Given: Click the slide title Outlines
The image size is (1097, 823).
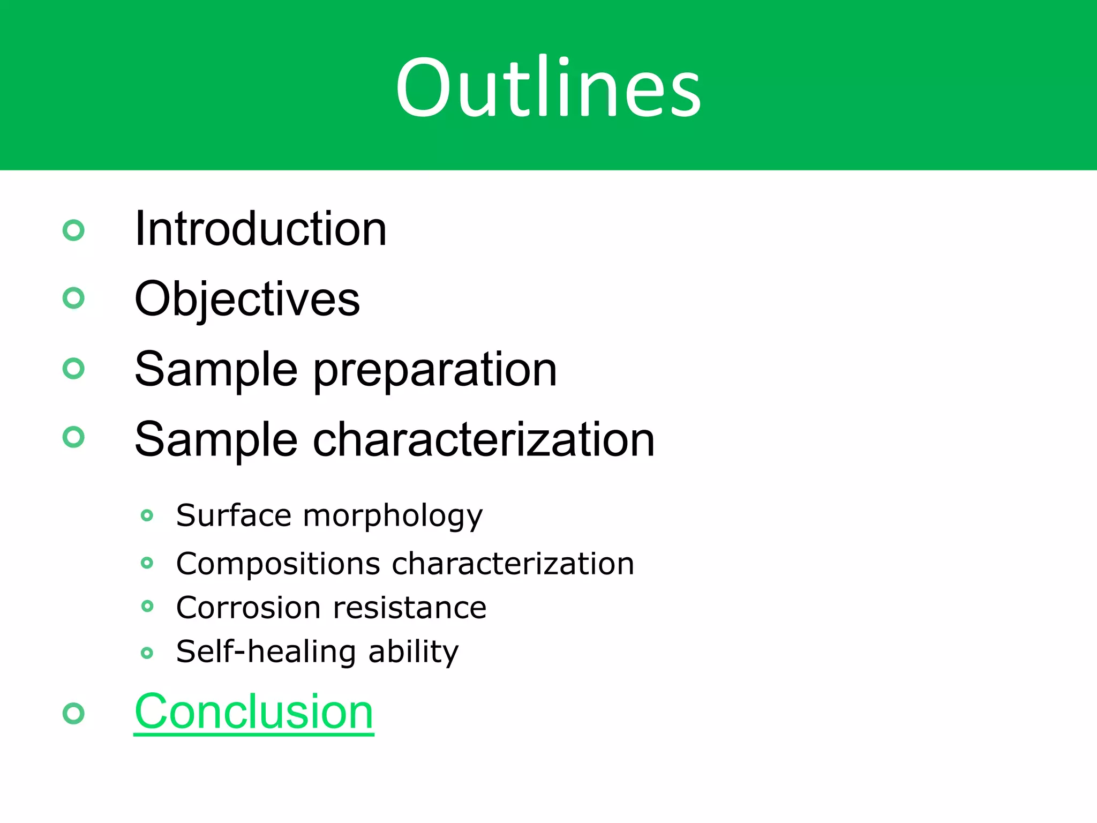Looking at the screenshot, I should click(548, 87).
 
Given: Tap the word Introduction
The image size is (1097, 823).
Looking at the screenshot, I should click(260, 229).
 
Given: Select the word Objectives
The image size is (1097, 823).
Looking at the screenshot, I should click(247, 299).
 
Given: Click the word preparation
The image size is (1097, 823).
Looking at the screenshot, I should click(434, 370).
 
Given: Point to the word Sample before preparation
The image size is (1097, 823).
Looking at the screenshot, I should click(216, 370).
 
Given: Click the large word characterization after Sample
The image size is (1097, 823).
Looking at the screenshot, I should click(483, 439).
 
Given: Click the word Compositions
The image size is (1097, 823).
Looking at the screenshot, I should click(278, 564).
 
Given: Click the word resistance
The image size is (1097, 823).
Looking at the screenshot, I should click(409, 608).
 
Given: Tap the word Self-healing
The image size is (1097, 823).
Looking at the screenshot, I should click(266, 652).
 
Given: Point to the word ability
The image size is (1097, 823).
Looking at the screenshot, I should click(413, 652).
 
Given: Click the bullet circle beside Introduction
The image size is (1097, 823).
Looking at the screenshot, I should click(73, 230).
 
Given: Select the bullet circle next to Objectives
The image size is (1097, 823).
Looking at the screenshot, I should click(73, 298).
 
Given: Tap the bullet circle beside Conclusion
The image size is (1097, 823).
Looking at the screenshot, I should click(73, 713).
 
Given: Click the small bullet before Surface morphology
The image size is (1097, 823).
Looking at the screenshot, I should click(147, 515).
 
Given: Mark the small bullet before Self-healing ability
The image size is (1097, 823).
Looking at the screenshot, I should click(147, 653).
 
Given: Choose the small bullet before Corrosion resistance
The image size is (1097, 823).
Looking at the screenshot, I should click(147, 606).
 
